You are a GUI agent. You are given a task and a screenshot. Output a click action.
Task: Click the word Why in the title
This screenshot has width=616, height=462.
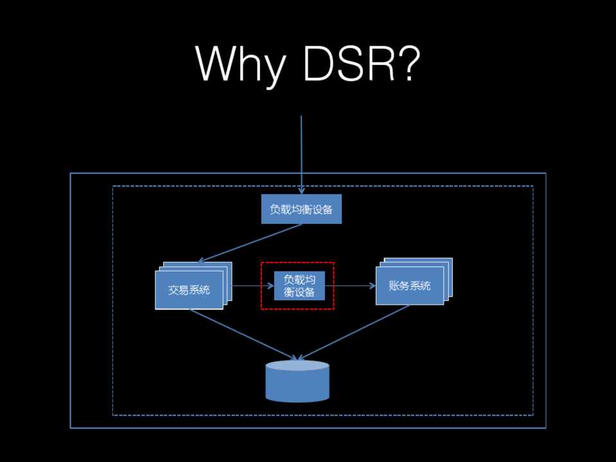[238, 64]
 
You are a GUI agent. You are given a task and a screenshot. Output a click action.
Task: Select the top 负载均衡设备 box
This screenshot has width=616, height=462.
[301, 209]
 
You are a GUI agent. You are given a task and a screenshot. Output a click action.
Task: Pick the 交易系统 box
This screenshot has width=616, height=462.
[189, 290]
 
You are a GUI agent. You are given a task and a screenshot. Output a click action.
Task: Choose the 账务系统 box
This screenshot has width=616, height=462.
[409, 286]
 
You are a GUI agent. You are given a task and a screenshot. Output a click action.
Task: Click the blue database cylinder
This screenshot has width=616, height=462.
[297, 382]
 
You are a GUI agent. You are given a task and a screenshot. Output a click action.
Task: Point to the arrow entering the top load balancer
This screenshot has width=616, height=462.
[301, 154]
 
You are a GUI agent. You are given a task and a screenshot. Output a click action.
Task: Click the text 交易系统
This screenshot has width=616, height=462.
[189, 290]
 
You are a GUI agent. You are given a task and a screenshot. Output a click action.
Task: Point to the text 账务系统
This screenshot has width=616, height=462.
[409, 286]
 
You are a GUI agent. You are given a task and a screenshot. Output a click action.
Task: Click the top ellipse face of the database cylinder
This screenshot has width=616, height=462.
[297, 366]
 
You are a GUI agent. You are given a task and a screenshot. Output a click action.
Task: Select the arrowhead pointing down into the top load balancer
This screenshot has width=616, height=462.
[301, 191]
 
